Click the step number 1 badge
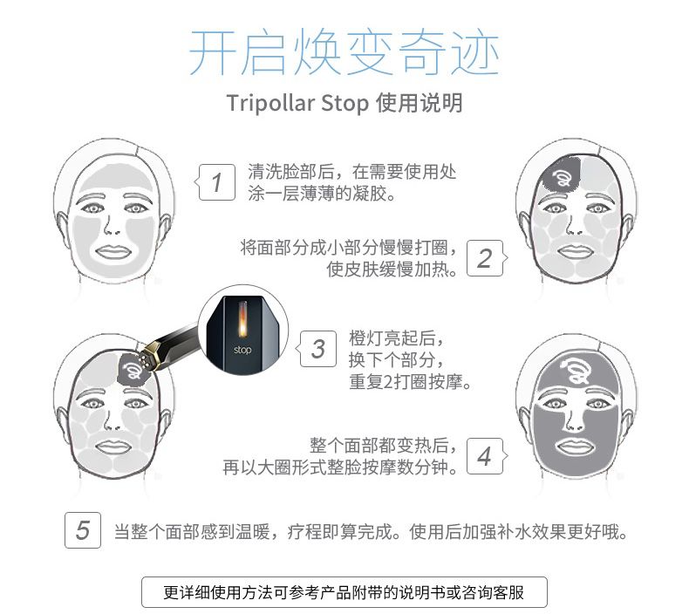(x=217, y=182)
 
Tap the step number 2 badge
(x=485, y=258)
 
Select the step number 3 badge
(x=318, y=349)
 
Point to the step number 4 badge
(x=485, y=455)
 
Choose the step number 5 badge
(x=83, y=530)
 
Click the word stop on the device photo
(x=242, y=350)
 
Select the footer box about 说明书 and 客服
(x=344, y=592)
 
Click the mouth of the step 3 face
(x=111, y=447)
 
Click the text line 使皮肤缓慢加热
(x=392, y=269)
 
